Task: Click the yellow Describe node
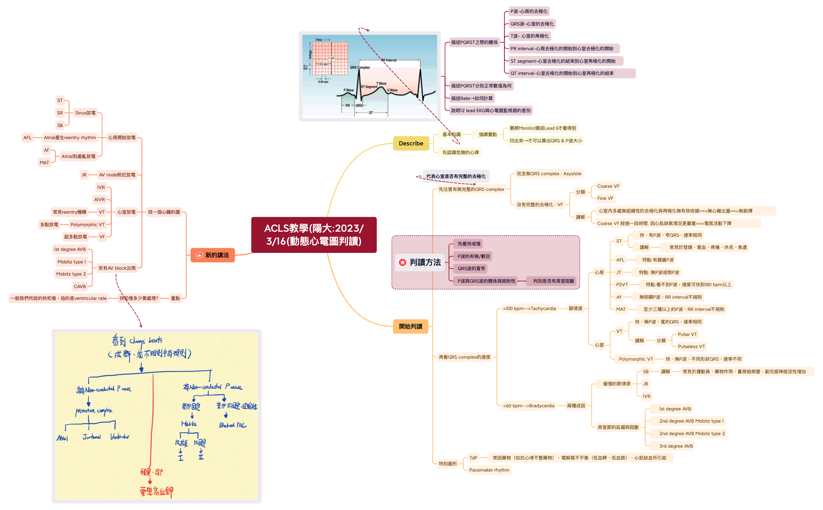[x=411, y=143]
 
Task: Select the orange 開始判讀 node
[x=410, y=327]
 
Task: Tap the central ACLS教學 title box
[x=314, y=235]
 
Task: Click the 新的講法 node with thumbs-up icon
[x=212, y=255]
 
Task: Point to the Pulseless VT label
[x=691, y=347]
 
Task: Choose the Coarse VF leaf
[x=608, y=186]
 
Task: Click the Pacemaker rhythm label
[x=489, y=470]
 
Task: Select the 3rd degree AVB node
[x=676, y=446]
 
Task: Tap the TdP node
[x=473, y=458]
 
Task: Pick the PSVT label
[x=622, y=285]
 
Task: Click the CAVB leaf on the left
[x=80, y=287]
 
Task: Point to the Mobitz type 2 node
[x=71, y=274]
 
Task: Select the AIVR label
[x=100, y=200]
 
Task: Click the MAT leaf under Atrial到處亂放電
[x=44, y=163]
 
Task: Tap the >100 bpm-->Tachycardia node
[x=529, y=309]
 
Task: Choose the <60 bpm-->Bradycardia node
[x=528, y=406]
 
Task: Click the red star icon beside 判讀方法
[x=402, y=263]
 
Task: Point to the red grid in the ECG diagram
[x=330, y=58]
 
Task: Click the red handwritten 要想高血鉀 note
[x=156, y=491]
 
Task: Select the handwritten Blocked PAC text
[x=233, y=425]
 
